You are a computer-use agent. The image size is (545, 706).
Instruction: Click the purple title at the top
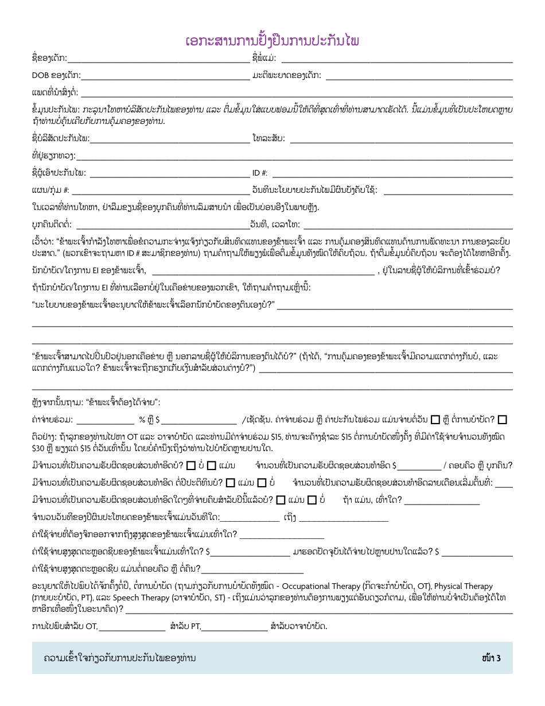272,41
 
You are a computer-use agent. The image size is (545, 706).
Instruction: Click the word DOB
40,75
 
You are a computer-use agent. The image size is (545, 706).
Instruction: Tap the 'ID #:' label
260,173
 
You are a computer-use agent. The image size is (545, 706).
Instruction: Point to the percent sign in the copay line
142,418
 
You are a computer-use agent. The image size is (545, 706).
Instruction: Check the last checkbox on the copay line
503,419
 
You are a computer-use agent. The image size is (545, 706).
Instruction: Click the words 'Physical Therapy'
463,587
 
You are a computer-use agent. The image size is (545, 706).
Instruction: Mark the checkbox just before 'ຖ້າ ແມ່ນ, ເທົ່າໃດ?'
312,500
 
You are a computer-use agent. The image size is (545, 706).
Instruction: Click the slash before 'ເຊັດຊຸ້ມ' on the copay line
244,418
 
